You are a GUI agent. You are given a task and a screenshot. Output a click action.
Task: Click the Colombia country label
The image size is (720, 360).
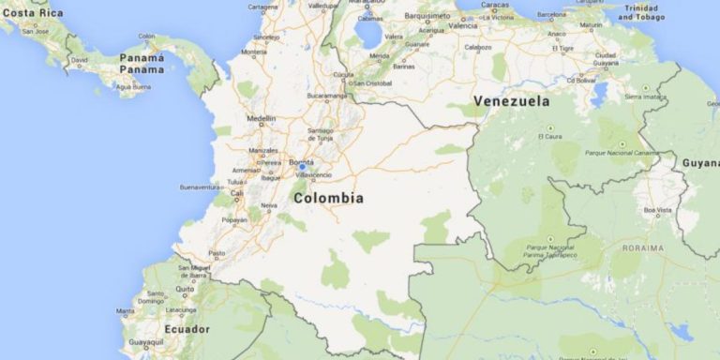(328, 198)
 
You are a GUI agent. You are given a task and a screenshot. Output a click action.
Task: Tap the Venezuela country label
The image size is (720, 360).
(511, 101)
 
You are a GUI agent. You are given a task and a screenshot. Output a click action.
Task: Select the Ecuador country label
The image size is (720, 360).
(187, 329)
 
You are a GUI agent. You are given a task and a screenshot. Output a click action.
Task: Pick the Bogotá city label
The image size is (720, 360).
(301, 161)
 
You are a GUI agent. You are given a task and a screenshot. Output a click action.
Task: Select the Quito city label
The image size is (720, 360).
(185, 289)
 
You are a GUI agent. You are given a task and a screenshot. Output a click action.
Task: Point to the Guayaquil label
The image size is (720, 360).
(145, 344)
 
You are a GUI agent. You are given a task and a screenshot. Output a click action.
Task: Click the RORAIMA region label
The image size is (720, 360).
(642, 247)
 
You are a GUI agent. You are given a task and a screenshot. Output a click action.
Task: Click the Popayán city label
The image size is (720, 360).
(234, 220)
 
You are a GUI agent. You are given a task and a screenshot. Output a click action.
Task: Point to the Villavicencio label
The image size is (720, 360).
(314, 174)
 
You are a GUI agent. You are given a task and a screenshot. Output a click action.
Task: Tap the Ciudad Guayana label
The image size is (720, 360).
(606, 59)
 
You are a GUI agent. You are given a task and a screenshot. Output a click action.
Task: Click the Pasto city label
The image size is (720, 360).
(217, 253)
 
